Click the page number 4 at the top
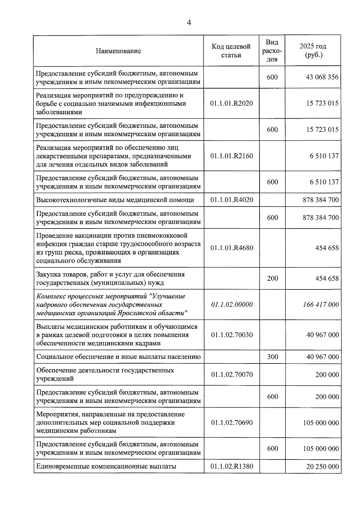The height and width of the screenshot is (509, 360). coord(189,23)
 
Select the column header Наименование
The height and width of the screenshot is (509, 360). coord(118,51)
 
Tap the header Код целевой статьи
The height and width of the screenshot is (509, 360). coord(231,51)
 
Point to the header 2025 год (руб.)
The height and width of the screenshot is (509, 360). coord(313,51)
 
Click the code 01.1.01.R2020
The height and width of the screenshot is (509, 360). coord(232,103)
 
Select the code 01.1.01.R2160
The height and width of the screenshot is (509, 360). coord(232,156)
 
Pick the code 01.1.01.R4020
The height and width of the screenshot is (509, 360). coord(232,200)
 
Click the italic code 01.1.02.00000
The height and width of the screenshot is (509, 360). coord(232,305)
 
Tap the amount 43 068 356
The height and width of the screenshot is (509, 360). coord(322,77)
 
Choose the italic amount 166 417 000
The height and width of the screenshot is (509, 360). coord(321,305)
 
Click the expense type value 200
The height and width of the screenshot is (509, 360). coord(272,279)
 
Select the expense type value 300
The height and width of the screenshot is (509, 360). coord(272,357)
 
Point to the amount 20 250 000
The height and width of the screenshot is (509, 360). coord(322,467)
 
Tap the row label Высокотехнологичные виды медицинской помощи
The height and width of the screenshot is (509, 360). coord(115,200)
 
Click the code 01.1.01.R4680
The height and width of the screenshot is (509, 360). coord(232,248)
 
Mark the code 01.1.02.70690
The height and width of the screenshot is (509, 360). coord(232,423)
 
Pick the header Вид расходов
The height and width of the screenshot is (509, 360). coord(272,51)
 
